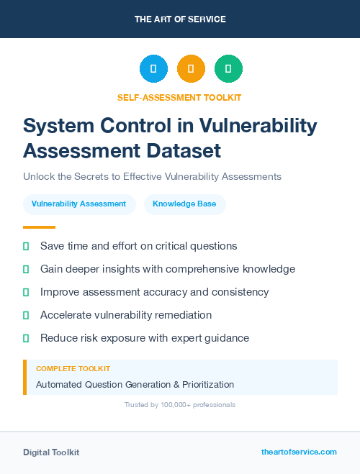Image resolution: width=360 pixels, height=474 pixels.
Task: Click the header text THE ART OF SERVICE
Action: point(180,19)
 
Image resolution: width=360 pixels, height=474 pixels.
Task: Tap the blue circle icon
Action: point(153,69)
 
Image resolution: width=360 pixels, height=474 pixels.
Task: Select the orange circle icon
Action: point(191,69)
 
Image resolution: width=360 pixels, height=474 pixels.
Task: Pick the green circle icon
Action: point(228,69)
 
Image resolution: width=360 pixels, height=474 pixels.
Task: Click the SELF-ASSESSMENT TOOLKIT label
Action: point(180,97)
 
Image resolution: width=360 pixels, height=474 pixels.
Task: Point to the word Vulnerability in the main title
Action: point(262,126)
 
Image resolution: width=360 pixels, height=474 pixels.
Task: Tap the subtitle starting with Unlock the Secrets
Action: point(152,176)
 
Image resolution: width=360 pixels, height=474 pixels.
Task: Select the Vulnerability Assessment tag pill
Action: point(79,204)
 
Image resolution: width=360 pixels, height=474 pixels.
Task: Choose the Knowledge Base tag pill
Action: point(185,204)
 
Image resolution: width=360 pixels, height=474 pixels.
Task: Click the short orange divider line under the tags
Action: point(29,227)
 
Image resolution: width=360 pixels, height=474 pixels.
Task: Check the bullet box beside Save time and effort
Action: point(26,247)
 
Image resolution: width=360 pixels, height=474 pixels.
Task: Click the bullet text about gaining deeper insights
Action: point(168,269)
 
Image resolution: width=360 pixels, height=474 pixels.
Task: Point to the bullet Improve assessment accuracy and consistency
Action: point(155,292)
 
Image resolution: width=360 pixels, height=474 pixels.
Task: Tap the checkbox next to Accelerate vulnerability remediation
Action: point(26,315)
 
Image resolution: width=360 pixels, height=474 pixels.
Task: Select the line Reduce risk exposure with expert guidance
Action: point(145,337)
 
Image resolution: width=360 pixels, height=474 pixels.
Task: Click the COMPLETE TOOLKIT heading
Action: point(73,369)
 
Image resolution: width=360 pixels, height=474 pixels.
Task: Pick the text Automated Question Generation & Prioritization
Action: point(135,385)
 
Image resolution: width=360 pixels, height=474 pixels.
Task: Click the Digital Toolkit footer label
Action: point(51,452)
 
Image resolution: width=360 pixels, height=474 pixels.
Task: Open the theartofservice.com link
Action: point(299,452)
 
